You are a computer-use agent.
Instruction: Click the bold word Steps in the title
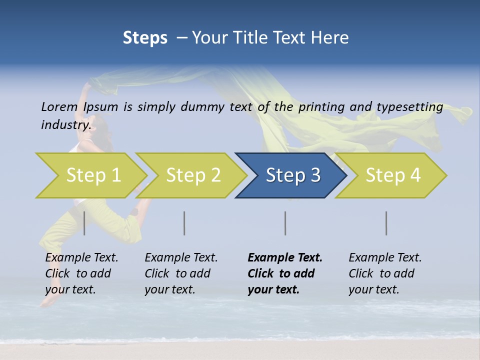(x=145, y=38)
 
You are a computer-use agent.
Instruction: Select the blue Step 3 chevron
(x=291, y=175)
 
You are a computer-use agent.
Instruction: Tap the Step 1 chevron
(x=93, y=175)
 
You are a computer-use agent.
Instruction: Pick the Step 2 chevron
(x=193, y=175)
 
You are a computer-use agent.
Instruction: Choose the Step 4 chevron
(x=392, y=175)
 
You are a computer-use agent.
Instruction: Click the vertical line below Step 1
(x=84, y=223)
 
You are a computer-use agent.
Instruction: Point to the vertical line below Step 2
(x=184, y=223)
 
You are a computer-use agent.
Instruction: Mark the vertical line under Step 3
(x=285, y=223)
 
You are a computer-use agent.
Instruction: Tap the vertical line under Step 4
(x=386, y=223)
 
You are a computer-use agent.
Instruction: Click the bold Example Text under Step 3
(x=285, y=273)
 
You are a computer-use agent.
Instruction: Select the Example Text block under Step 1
(x=81, y=273)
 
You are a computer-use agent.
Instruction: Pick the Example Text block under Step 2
(x=181, y=273)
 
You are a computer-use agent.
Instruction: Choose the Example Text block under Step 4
(x=385, y=273)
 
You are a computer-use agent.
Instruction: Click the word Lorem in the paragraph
(x=59, y=106)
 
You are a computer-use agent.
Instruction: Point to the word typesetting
(x=409, y=107)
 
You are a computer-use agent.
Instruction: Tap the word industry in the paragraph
(x=66, y=124)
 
